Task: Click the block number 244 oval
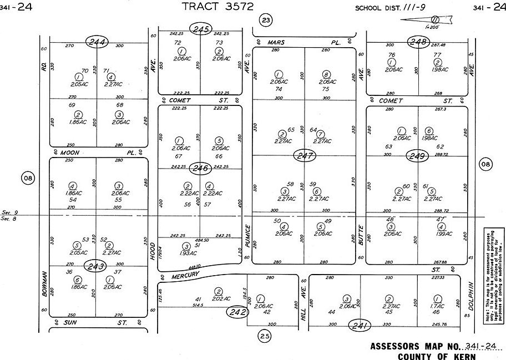pyautogui.click(x=97, y=42)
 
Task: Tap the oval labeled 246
pyautogui.click(x=200, y=168)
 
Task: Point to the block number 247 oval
pyautogui.click(x=304, y=156)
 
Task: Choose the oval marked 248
pyautogui.click(x=418, y=42)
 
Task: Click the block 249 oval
pyautogui.click(x=418, y=156)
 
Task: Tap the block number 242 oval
pyautogui.click(x=237, y=313)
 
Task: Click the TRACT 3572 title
pyautogui.click(x=218, y=7)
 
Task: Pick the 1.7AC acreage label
pyautogui.click(x=435, y=306)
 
